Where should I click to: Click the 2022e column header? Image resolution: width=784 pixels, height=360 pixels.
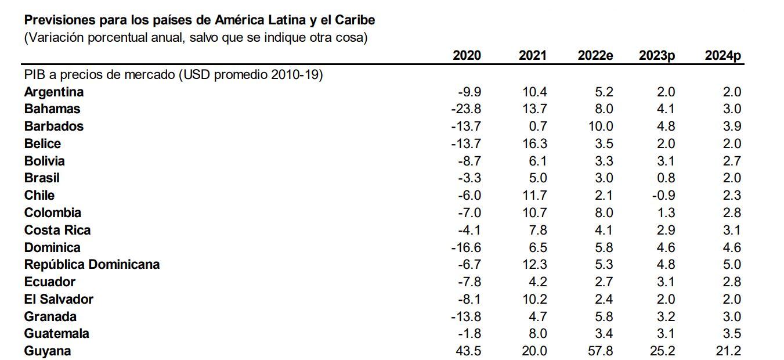point(595,55)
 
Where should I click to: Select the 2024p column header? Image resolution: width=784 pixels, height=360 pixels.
point(723,55)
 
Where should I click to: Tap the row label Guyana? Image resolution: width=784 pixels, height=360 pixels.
point(48,351)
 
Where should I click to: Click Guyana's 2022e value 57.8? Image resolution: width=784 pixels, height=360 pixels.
point(600,351)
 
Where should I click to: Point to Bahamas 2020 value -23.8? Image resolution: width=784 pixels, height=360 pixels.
point(466,109)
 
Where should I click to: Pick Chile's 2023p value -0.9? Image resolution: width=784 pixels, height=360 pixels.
point(663,195)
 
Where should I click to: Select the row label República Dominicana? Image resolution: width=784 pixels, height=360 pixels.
point(92,264)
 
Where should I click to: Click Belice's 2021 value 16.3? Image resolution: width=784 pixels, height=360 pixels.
point(534,143)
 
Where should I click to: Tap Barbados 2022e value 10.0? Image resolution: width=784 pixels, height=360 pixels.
point(600,126)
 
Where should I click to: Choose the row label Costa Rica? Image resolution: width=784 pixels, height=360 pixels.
point(57,230)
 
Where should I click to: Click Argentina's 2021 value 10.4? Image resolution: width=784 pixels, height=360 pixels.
point(534,92)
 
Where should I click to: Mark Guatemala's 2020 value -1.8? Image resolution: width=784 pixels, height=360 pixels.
point(469,333)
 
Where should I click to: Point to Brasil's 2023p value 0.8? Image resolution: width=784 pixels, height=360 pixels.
point(666,178)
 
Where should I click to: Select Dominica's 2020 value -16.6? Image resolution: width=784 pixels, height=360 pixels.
point(466,247)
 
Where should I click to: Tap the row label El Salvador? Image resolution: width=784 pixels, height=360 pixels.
point(59,299)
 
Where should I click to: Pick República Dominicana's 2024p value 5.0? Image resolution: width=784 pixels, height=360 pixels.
point(732,264)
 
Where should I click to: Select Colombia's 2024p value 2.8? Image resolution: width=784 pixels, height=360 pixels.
point(732,213)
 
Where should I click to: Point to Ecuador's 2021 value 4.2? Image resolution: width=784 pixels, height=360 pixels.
point(538,282)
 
